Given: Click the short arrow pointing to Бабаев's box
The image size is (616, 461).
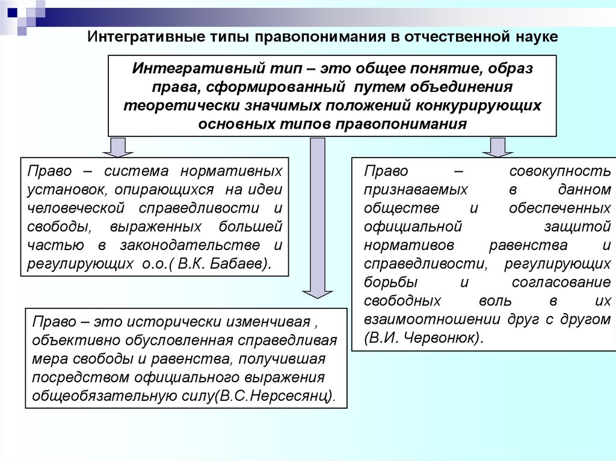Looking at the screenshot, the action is tap(118, 146).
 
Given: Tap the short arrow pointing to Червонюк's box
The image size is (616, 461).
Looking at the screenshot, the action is tap(497, 146).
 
